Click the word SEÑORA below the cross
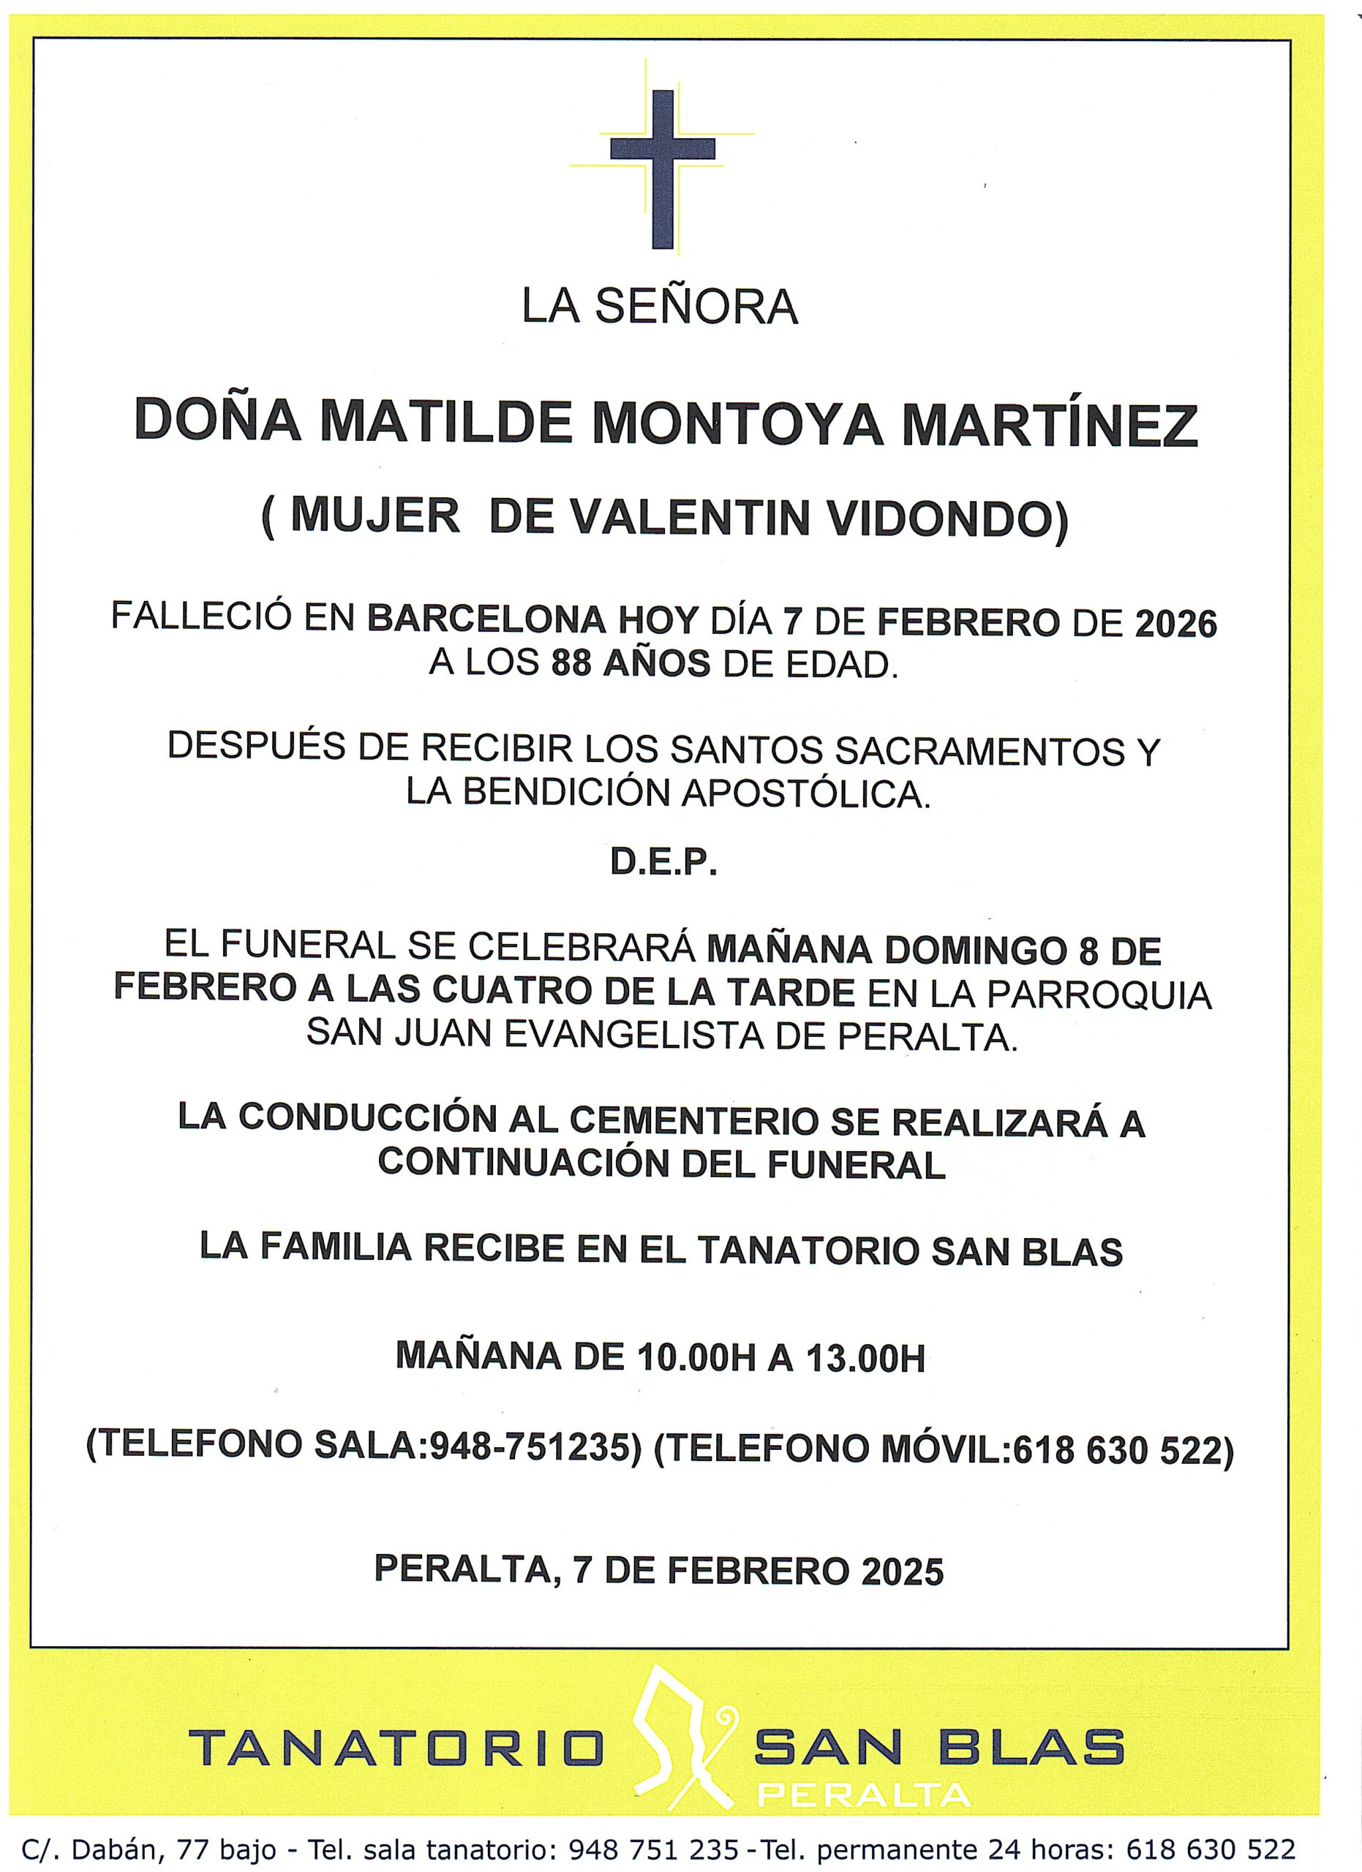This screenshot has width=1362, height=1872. point(696,307)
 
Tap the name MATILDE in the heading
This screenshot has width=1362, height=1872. point(445,423)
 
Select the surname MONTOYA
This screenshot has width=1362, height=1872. point(738,424)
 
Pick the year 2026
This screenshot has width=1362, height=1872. point(1175,623)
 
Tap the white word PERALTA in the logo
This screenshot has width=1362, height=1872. point(863,1795)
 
